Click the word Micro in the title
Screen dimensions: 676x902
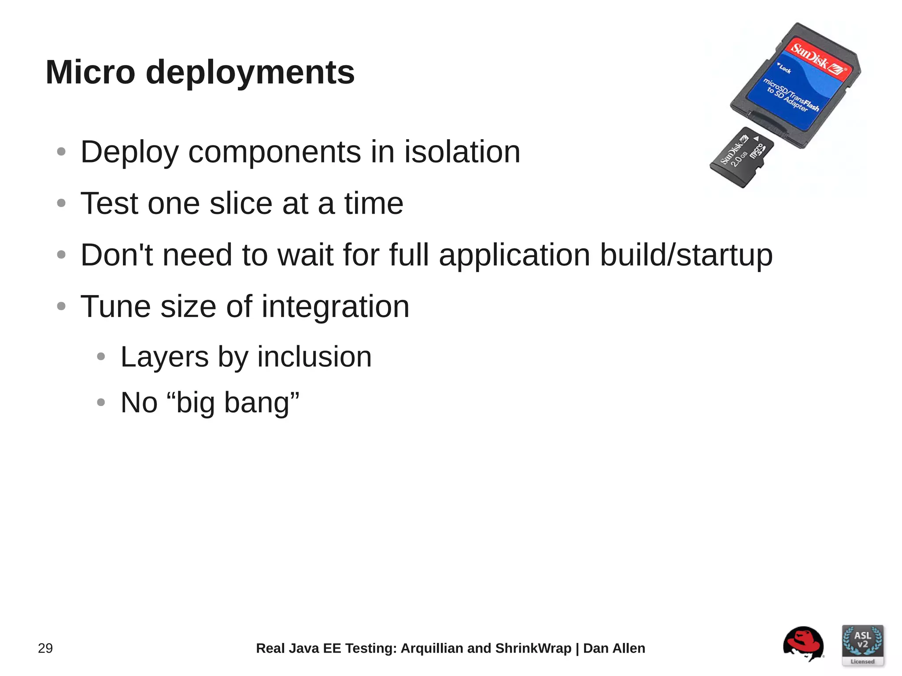(90, 72)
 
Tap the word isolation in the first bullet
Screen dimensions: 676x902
(462, 152)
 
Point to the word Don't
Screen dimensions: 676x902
(116, 255)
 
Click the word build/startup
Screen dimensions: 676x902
(686, 255)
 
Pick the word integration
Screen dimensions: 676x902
(335, 307)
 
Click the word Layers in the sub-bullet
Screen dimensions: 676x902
(164, 357)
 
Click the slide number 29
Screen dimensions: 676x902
(45, 648)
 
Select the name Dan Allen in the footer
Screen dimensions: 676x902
(614, 648)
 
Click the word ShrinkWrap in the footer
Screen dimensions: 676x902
(533, 648)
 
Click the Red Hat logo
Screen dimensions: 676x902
(803, 644)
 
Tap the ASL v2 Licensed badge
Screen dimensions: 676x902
(862, 645)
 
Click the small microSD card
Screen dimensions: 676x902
(741, 157)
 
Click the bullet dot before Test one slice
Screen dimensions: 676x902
(61, 203)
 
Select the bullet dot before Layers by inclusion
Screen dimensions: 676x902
(101, 356)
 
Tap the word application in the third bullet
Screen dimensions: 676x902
(514, 255)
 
